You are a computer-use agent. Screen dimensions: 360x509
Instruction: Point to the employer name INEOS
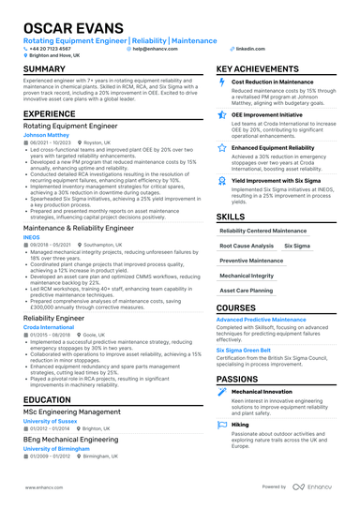click(x=32, y=238)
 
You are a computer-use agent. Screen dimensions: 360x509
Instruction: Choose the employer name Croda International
click(x=50, y=327)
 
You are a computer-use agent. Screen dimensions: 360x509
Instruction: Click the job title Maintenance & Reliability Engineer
click(x=80, y=228)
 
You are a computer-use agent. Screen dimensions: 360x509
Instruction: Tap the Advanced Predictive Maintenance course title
click(x=263, y=319)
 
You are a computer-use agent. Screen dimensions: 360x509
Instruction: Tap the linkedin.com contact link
click(x=247, y=47)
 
